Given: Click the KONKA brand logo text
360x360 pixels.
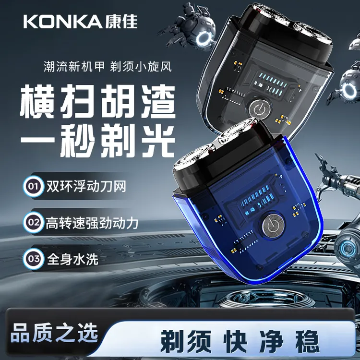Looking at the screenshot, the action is click(x=63, y=22).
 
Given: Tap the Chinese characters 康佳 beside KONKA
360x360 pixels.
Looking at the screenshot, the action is click(x=121, y=22).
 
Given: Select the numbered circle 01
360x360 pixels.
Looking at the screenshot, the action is click(x=34, y=186).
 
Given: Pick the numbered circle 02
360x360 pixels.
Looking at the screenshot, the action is click(x=34, y=222).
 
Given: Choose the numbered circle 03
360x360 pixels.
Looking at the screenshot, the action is click(x=34, y=259).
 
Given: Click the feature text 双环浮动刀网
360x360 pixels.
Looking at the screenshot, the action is click(x=86, y=186).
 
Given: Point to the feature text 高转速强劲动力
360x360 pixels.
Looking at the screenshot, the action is click(x=92, y=223).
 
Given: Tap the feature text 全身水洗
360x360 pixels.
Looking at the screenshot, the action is click(x=72, y=259).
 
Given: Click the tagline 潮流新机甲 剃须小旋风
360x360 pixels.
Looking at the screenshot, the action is click(x=108, y=66).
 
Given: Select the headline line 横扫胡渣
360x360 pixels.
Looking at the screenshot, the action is click(x=98, y=101).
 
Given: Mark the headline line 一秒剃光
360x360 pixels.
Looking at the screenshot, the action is click(x=98, y=140).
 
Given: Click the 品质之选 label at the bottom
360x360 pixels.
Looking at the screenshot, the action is click(x=54, y=333).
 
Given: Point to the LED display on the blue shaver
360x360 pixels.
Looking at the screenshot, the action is click(x=257, y=200).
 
